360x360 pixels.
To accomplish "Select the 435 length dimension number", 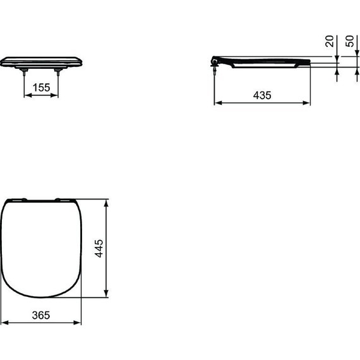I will point(262,95).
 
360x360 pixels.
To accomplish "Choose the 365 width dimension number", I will point(41,315).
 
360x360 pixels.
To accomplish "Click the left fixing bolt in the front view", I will point(25,74).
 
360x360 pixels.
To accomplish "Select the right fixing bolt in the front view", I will point(59,74).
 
